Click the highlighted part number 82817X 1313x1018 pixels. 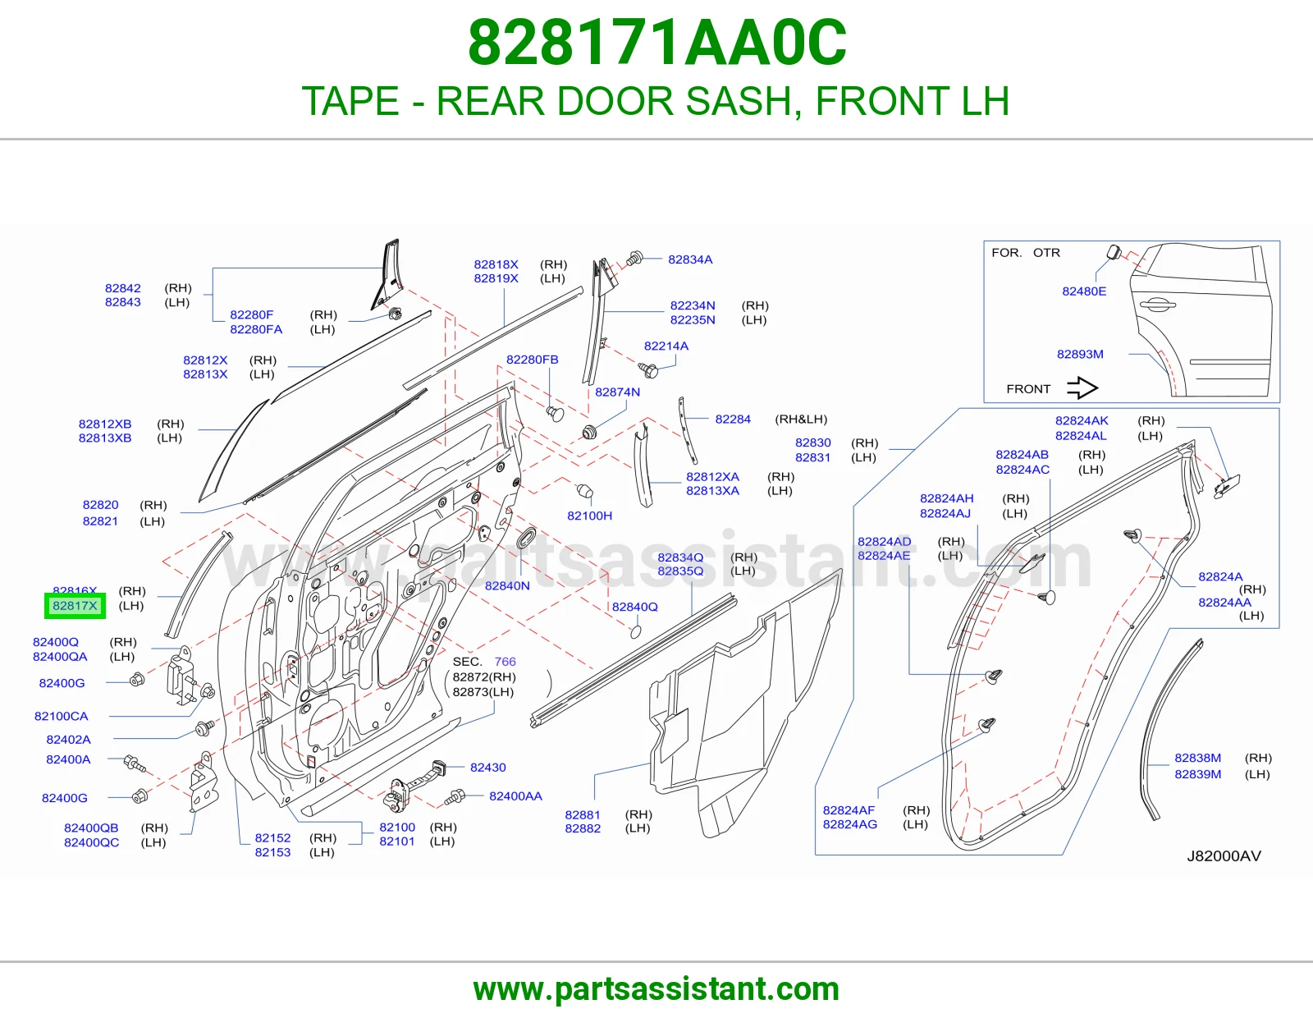point(75,606)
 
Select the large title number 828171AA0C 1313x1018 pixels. point(656,43)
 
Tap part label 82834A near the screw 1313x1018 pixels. point(690,259)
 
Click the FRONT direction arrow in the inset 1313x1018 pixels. point(1082,388)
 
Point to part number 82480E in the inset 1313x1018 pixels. point(1084,291)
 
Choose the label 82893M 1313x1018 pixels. point(1080,354)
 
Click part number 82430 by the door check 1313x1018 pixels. point(487,767)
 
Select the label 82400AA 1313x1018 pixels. point(515,796)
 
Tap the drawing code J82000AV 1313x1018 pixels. point(1224,856)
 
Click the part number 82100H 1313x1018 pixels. point(589,516)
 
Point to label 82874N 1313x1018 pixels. point(618,392)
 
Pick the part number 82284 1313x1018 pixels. point(733,419)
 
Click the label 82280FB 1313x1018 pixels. point(532,360)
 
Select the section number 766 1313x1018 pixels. point(506,662)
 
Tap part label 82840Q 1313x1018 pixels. point(634,607)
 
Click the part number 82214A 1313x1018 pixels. point(666,346)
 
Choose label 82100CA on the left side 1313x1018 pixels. point(61,717)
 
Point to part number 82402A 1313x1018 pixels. point(68,740)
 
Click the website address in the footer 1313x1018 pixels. point(656,989)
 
